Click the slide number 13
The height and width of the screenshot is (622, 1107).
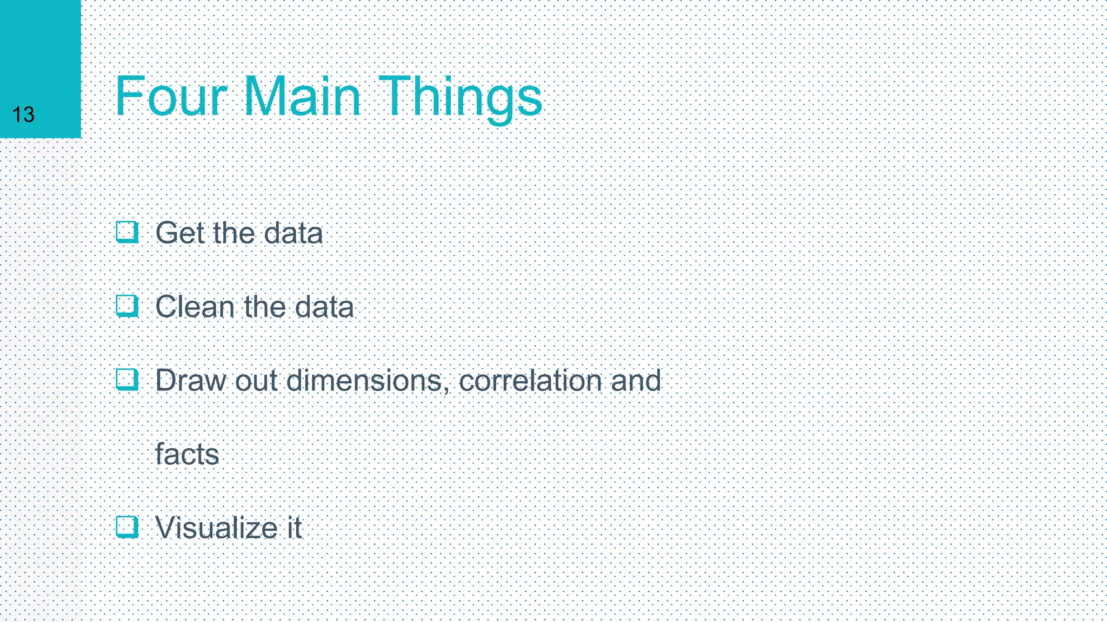(x=23, y=114)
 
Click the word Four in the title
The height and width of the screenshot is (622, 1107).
(x=171, y=97)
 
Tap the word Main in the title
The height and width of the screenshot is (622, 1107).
(x=302, y=97)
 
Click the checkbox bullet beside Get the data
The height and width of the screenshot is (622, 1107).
(x=127, y=232)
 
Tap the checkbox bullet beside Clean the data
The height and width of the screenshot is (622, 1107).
(x=127, y=306)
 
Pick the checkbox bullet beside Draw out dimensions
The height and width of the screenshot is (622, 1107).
(x=127, y=380)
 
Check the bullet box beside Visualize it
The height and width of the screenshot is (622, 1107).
(x=127, y=527)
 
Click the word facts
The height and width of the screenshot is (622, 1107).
(x=187, y=454)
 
